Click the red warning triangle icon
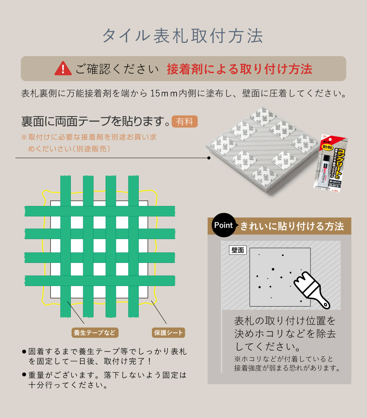click(63, 69)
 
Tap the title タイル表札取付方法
click(182, 36)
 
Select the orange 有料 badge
click(185, 121)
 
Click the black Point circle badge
click(224, 225)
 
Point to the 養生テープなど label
click(95, 333)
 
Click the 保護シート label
click(168, 333)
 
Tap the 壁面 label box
click(238, 250)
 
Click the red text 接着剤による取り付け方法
click(239, 69)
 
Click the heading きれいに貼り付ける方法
click(292, 226)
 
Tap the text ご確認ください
click(117, 69)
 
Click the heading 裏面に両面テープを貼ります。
click(96, 121)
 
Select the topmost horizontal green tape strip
click(100, 211)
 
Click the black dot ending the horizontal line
click(209, 158)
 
